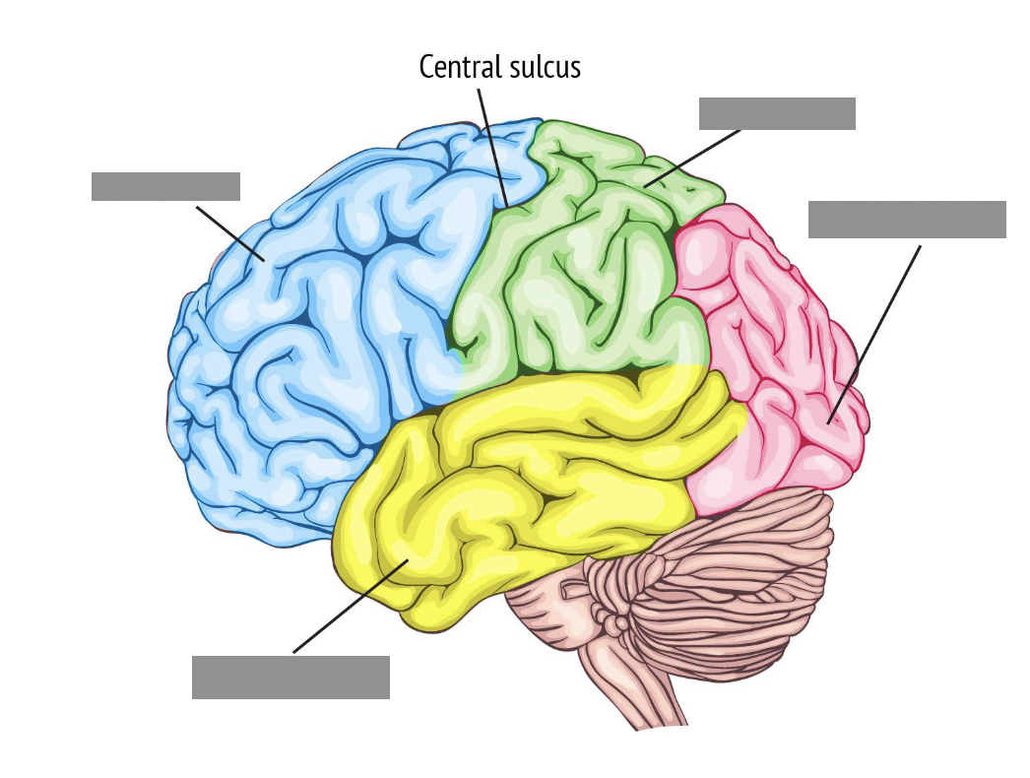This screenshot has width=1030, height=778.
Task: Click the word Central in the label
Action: [457, 67]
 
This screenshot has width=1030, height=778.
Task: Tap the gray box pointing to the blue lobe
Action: [165, 186]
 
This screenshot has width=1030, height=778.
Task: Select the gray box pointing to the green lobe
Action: [777, 113]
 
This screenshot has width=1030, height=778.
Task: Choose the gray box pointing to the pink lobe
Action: [907, 220]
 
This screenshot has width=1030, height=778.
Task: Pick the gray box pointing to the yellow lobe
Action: [290, 677]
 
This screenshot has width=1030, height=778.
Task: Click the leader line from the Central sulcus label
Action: [492, 148]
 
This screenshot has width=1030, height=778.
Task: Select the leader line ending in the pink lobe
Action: [876, 330]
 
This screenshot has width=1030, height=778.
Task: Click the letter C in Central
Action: [425, 67]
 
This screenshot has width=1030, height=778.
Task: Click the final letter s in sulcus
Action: [576, 69]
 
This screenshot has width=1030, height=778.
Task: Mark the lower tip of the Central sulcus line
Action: [506, 206]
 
